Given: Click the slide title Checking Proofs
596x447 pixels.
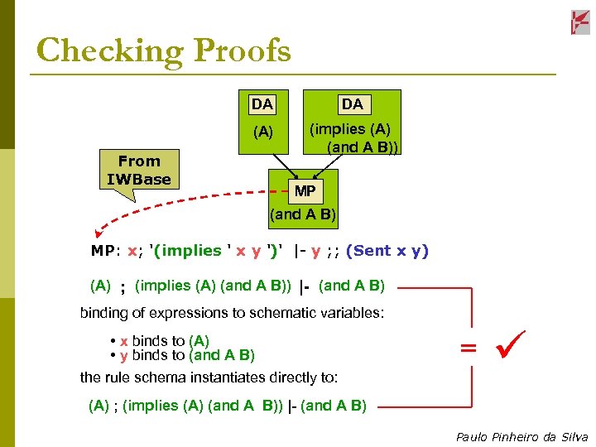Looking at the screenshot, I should click(x=164, y=51).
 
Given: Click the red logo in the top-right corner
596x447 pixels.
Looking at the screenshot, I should click(x=580, y=22).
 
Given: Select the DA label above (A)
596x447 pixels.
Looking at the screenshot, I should click(x=262, y=104).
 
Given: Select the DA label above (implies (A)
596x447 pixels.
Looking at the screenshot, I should click(x=353, y=104).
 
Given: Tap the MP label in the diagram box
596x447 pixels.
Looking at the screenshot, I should click(x=305, y=191).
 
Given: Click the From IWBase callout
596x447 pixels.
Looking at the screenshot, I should click(x=138, y=171).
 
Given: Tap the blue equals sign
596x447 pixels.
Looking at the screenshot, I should click(x=469, y=348).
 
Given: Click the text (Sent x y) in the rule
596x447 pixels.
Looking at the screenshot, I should click(x=387, y=251).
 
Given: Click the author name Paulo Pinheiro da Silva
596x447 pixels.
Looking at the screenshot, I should click(x=521, y=437).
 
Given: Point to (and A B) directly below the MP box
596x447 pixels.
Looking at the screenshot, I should click(x=303, y=214).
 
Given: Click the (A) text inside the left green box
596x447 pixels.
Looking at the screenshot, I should click(x=262, y=132).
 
